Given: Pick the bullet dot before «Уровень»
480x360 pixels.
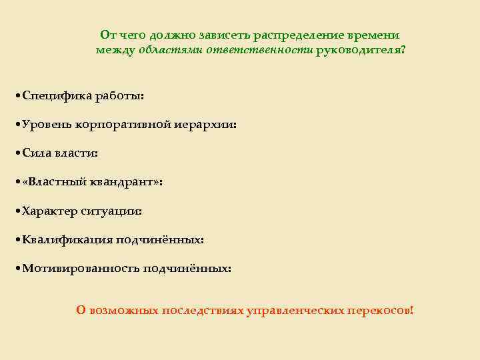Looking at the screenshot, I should coord(17,125).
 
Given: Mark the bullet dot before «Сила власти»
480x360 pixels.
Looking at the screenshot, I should coord(17,153).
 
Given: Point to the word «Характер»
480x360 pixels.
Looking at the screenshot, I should coord(50,211).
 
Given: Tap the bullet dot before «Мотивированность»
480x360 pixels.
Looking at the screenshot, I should coord(17,269).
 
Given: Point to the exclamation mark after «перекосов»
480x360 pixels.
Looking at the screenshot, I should coord(412,310).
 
